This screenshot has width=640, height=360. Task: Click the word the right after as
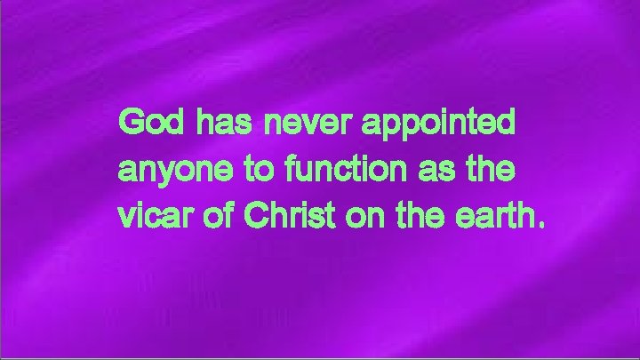[490, 168]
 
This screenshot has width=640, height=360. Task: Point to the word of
[211, 214]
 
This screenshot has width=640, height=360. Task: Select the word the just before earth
[411, 214]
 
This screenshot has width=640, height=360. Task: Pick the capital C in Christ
[247, 214]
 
